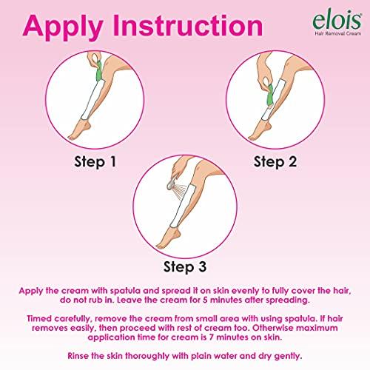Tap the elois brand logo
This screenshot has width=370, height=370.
tap(327, 16)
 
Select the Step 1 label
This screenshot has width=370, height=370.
tap(95, 160)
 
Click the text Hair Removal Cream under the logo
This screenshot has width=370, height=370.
tap(331, 33)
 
